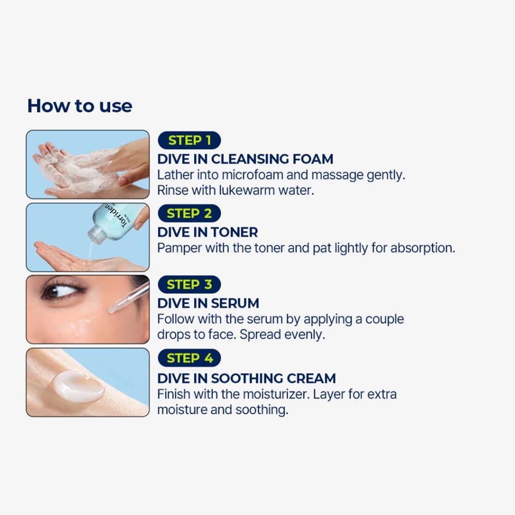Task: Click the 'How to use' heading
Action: tap(80, 106)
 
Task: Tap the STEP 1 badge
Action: tap(189, 140)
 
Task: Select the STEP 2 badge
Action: tap(189, 213)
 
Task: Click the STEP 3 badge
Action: tap(189, 285)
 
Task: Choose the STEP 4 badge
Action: tap(189, 358)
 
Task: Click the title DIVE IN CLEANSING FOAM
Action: tap(245, 159)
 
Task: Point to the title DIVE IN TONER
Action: tap(208, 232)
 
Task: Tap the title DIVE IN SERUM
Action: tap(208, 303)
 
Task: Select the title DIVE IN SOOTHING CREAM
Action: tap(246, 378)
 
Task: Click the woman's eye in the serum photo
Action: tap(62, 291)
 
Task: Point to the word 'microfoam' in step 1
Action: tap(252, 175)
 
